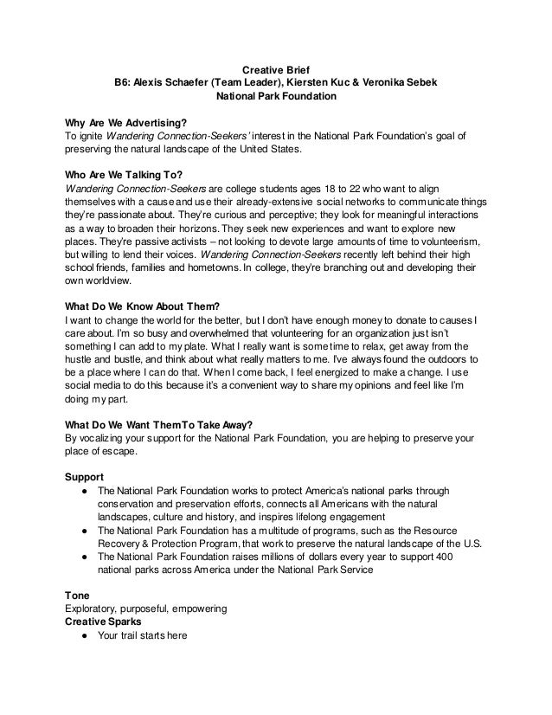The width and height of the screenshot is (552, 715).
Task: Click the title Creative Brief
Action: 275,68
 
